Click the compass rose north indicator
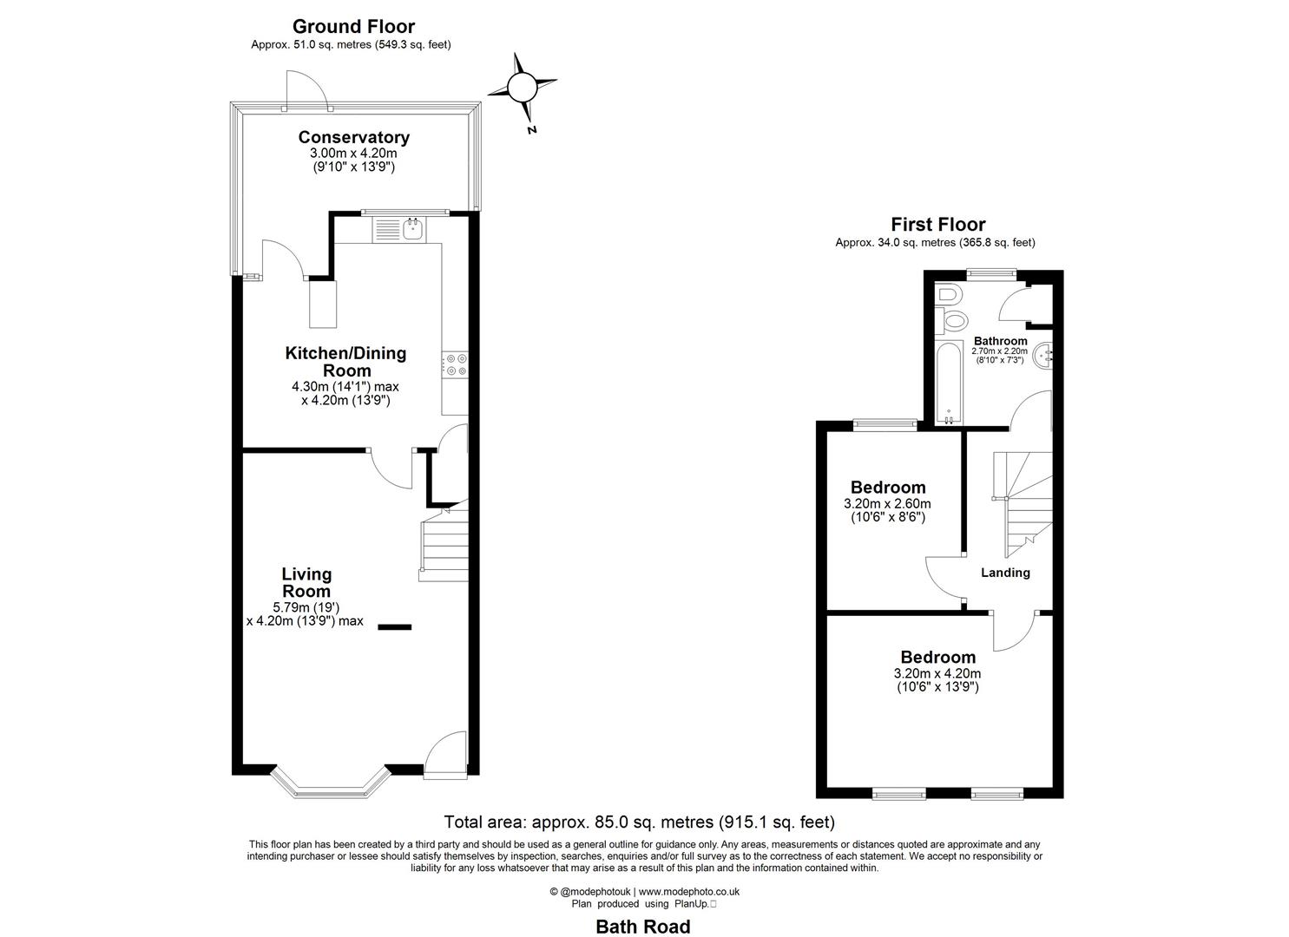click(522, 88)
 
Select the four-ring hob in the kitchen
click(455, 365)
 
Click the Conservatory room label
click(353, 137)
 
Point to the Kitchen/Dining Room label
click(345, 362)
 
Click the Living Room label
click(306, 582)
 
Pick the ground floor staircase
click(444, 547)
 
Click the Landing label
click(1005, 573)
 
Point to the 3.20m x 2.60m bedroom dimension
click(887, 503)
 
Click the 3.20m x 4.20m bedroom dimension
click(937, 673)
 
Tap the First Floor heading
click(937, 225)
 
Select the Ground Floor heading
click(353, 27)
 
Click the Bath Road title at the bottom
click(642, 927)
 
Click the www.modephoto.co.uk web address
click(688, 891)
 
